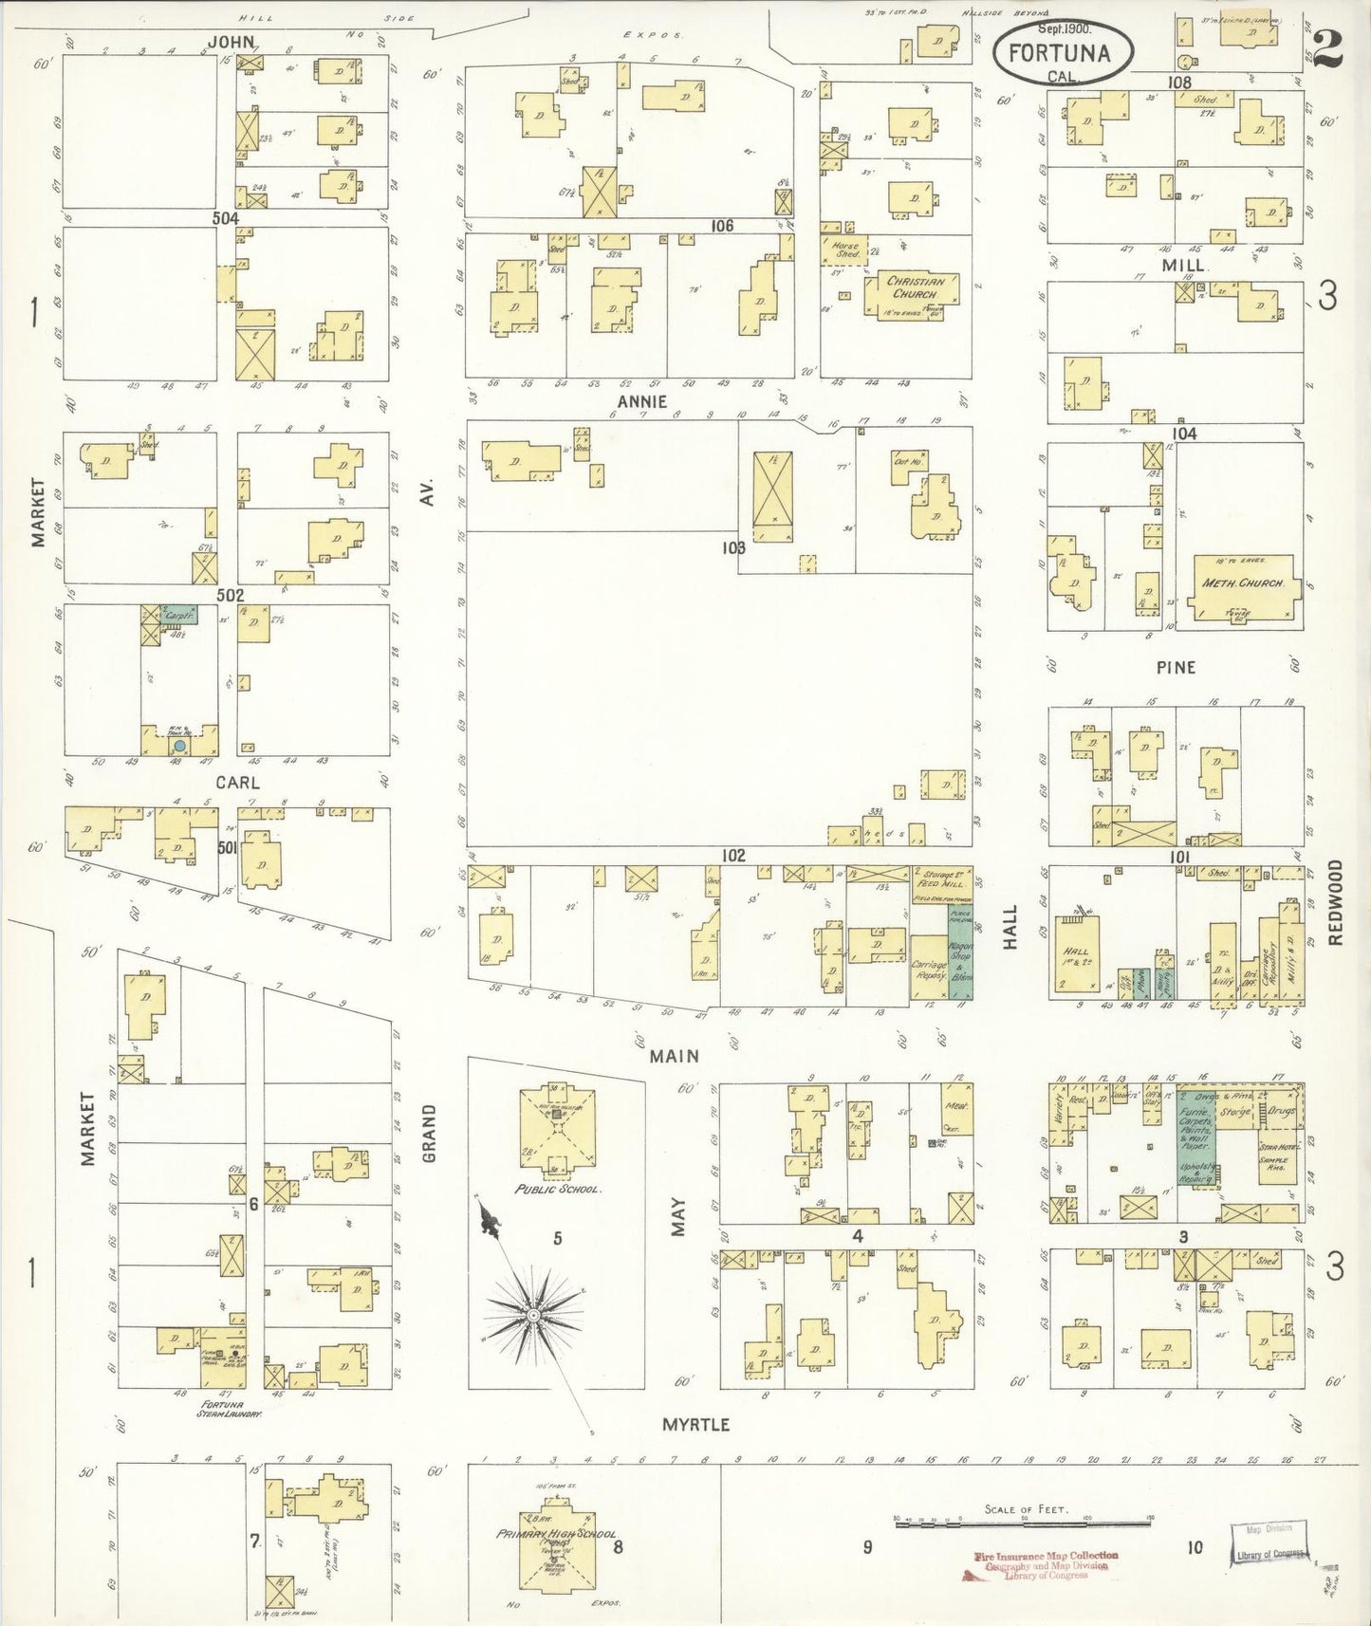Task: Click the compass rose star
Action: (532, 1316)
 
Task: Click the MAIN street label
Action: (674, 1055)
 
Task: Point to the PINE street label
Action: (1176, 667)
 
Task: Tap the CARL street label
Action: (237, 784)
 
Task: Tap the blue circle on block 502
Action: (177, 747)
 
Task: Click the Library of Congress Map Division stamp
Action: (1269, 1543)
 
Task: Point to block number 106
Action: (723, 226)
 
